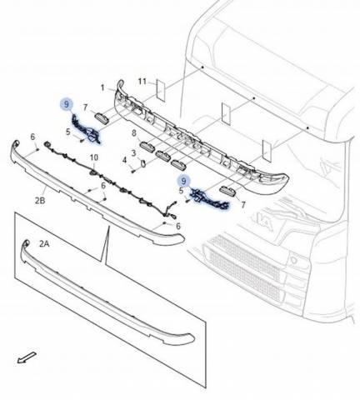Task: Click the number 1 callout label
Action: point(102,88)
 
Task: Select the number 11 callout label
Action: point(142,82)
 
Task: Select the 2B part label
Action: point(40,201)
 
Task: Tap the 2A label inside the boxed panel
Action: point(44,244)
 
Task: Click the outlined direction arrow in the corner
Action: point(27,357)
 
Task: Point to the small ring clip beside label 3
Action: point(143,163)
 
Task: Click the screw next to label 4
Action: point(133,171)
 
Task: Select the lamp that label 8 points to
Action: point(147,146)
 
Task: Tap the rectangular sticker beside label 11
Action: point(160,90)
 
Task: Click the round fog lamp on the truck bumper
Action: point(293,260)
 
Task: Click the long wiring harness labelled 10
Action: point(111,183)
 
